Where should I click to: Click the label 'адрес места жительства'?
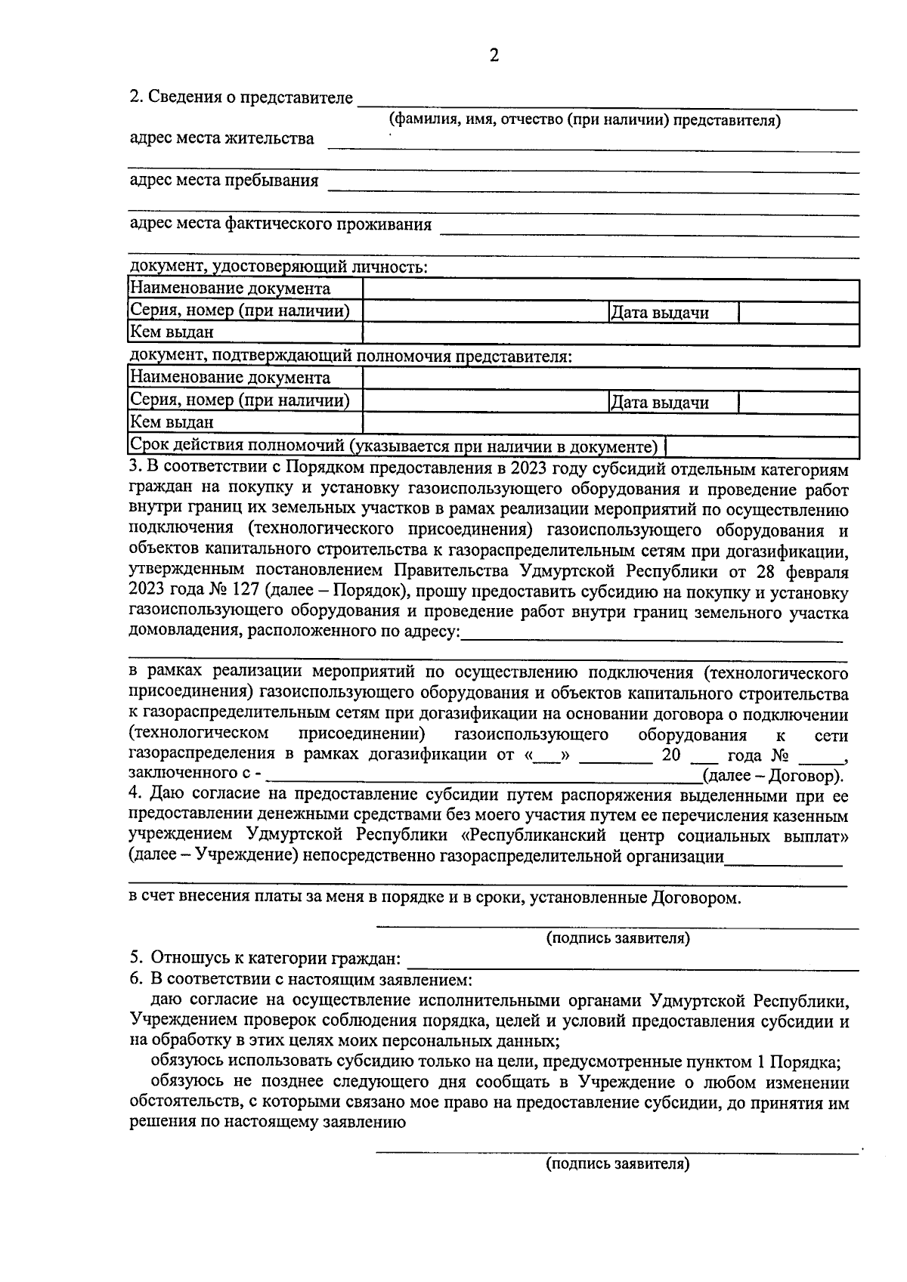(x=221, y=139)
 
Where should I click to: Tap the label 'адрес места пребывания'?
(x=224, y=181)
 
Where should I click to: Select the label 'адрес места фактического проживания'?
(x=280, y=224)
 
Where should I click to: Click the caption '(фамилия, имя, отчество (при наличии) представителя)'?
(x=584, y=120)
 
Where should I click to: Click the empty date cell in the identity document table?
(x=798, y=313)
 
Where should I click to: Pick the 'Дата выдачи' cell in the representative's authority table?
(x=659, y=403)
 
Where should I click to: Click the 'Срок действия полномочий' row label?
(x=394, y=446)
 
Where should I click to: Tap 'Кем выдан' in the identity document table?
(x=172, y=332)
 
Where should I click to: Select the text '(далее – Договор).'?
(x=772, y=776)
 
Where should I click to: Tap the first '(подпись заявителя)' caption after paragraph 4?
(x=618, y=938)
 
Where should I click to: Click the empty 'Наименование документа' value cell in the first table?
(x=610, y=289)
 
